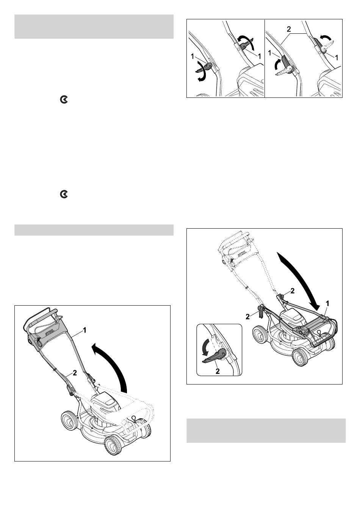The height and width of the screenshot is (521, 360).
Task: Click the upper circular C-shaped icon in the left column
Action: point(64,100)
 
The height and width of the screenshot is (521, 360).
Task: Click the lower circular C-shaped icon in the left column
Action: point(64,194)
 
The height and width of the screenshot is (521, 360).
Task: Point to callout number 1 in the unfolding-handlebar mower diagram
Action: point(85,330)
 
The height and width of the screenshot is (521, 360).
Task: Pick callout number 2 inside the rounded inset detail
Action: point(218,371)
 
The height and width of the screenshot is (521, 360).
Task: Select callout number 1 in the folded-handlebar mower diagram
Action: point(327,303)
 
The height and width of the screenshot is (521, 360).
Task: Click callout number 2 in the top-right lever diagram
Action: point(289,29)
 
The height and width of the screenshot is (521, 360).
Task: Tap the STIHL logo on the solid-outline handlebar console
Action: point(50,333)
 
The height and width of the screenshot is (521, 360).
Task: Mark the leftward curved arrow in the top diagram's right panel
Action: point(325,37)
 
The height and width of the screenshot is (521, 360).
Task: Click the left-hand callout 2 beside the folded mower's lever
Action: point(248,316)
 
